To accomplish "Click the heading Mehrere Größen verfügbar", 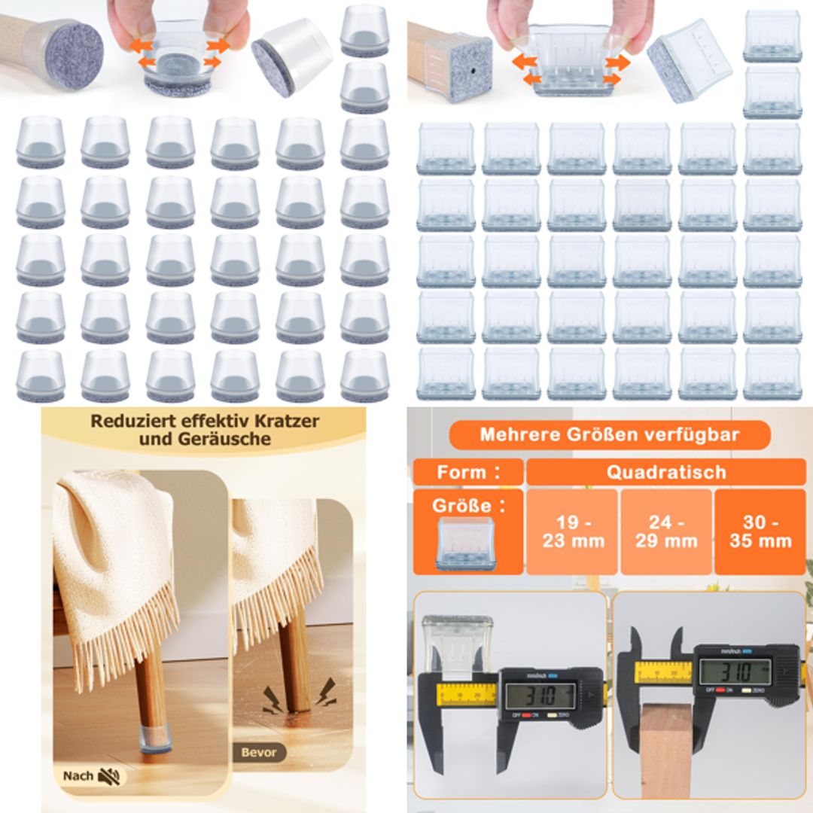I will [609, 434].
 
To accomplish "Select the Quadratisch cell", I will [665, 472].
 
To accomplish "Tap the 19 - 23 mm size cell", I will [573, 531].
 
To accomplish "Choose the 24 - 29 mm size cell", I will [665, 531].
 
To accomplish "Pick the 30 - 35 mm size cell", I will [760, 531].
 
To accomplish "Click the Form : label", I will [468, 472].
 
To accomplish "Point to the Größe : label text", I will [467, 505].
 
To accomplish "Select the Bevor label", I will [259, 751].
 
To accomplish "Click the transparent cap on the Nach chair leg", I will [154, 740].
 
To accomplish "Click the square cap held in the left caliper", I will [456, 644].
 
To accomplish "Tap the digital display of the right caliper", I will [735, 671].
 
